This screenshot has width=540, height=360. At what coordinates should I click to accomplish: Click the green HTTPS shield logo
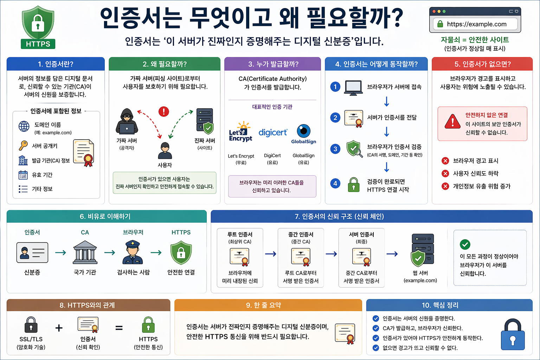[38, 27]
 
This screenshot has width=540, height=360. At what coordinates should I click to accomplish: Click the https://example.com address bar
[476, 24]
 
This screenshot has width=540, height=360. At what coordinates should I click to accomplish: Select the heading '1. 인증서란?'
[56, 64]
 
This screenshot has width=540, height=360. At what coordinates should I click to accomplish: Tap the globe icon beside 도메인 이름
[24, 126]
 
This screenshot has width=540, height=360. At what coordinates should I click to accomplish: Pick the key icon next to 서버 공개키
[23, 146]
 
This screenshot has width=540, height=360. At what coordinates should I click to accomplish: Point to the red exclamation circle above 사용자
[164, 111]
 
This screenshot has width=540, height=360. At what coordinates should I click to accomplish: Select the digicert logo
[273, 133]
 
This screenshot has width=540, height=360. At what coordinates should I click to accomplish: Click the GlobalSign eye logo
[303, 131]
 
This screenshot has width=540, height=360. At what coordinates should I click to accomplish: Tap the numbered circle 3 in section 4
[335, 149]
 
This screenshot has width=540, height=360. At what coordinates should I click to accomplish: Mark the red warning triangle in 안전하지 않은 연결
[452, 121]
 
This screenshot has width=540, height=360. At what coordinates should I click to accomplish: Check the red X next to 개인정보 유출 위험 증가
[445, 186]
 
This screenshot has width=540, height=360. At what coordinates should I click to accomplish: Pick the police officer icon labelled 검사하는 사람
[133, 252]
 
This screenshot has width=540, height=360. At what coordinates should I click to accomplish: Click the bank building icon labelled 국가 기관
[85, 252]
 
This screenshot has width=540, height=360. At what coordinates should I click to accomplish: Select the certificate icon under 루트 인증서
[240, 257]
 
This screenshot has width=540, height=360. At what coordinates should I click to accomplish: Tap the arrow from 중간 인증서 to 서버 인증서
[331, 254]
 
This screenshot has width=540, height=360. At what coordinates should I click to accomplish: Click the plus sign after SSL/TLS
[59, 328]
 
